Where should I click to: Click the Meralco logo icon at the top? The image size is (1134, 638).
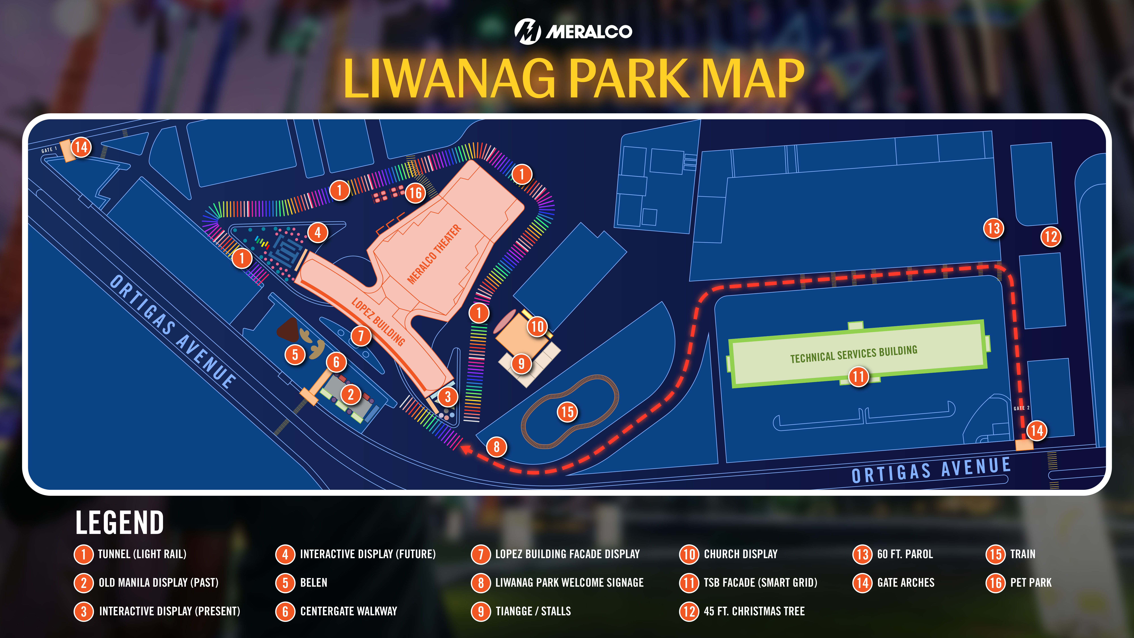tap(527, 31)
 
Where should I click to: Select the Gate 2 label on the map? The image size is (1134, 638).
tap(1021, 408)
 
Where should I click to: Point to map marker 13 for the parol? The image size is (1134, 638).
tap(994, 229)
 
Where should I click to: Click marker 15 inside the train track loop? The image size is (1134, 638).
tap(567, 412)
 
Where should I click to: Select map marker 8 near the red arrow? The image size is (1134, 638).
tap(497, 447)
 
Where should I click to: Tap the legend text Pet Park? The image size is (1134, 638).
tap(1031, 583)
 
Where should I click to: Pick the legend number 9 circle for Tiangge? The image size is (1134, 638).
tap(481, 611)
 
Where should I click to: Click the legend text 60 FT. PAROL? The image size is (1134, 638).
tap(905, 554)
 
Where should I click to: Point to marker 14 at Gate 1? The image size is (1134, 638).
tap(81, 147)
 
